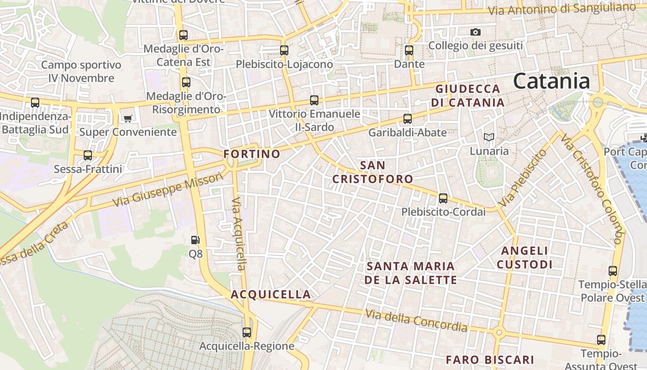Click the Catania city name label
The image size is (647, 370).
point(551,81)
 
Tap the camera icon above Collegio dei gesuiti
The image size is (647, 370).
point(475,32)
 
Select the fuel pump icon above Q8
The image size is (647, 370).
point(195,240)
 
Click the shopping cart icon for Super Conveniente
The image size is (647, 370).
point(128,118)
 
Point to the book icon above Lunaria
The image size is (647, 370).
point(488,137)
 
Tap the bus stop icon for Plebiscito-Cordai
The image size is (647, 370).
point(443,198)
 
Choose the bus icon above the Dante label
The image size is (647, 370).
point(409,50)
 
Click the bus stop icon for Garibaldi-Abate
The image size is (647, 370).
point(407,119)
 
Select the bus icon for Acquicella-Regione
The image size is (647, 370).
point(247,332)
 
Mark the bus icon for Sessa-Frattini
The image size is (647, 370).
point(88,155)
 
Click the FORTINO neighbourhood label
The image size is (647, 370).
point(252,154)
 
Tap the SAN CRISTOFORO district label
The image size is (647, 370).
point(372,172)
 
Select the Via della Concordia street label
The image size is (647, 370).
point(416,321)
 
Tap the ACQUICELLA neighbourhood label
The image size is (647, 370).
point(271,295)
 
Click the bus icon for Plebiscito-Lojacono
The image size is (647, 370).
point(284,50)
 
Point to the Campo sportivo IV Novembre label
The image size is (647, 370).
point(81,71)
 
